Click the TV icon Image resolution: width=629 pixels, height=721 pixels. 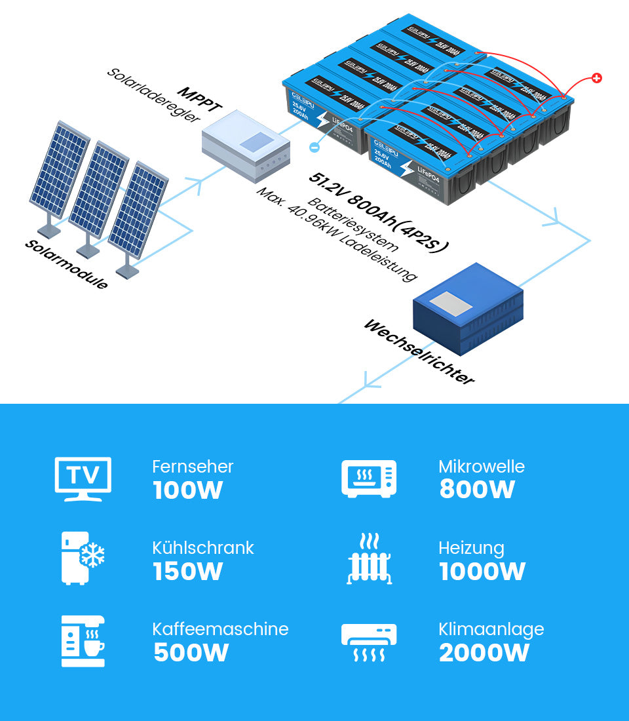coord(83,478)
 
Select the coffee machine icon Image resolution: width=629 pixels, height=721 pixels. coord(83,640)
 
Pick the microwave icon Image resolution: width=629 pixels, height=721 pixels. coord(369,478)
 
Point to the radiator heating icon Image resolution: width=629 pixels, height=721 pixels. coord(369,558)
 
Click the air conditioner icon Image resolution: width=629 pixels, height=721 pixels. coord(369,642)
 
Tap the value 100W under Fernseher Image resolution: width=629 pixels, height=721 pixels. coord(188,490)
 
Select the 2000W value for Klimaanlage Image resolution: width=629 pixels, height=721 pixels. coord(484,653)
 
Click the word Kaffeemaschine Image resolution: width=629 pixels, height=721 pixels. coord(220,629)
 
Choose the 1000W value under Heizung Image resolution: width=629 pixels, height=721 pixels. coord(482,572)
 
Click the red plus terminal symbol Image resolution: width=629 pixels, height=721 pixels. coord(596,79)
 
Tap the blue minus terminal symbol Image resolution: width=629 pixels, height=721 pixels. coord(314,148)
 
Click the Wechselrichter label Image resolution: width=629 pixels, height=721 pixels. coord(418,352)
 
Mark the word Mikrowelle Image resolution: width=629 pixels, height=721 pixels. coord(482,467)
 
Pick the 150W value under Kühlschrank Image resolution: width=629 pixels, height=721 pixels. coord(188,572)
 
